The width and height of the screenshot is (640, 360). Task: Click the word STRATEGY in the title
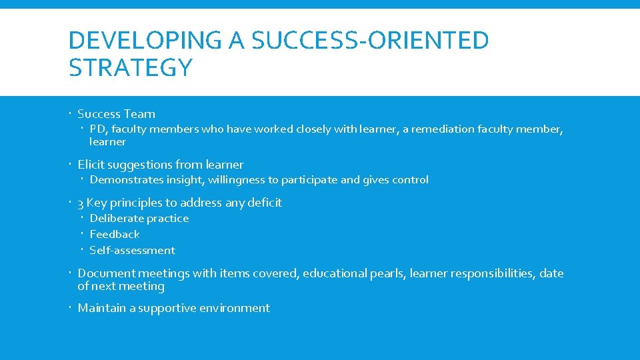[131, 67]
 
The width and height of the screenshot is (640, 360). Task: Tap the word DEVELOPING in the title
[145, 41]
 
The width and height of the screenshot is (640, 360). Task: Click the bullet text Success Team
[116, 114]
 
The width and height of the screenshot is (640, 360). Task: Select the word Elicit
[91, 165]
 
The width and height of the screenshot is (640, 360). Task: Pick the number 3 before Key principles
[81, 203]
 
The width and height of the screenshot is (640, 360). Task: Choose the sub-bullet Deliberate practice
[139, 219]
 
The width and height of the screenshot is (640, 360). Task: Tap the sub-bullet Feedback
[114, 235]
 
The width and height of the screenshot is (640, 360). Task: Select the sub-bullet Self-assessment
[132, 251]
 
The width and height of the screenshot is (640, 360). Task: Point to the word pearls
[387, 273]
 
